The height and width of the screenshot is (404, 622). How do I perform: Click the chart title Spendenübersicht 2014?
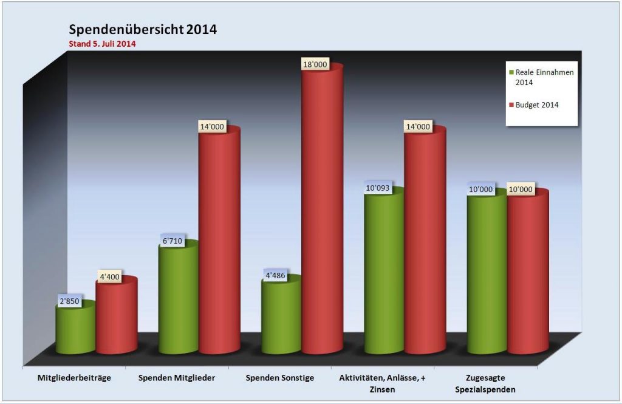(142, 30)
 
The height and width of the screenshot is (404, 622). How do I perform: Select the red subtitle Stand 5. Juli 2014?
(101, 44)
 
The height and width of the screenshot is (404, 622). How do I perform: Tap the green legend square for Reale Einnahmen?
(511, 72)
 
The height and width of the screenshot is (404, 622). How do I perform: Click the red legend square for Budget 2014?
(511, 105)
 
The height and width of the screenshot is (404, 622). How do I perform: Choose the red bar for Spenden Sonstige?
(323, 213)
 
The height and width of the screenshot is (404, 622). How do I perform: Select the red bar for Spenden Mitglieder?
(219, 243)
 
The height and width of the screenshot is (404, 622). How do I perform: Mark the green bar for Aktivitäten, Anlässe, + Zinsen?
(384, 273)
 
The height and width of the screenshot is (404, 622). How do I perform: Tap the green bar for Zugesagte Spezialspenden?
(487, 273)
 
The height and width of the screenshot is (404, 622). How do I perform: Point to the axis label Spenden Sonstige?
(279, 378)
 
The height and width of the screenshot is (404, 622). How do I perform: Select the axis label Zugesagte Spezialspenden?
(486, 383)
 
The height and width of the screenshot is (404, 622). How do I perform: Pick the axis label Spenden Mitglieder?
(176, 378)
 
